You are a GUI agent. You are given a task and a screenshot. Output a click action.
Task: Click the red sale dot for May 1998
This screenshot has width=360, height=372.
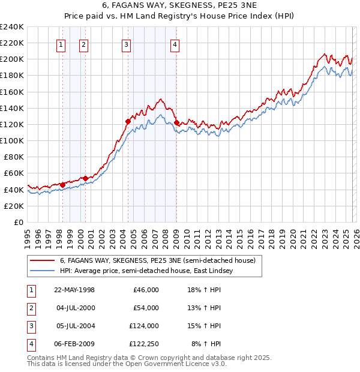coord(62,185)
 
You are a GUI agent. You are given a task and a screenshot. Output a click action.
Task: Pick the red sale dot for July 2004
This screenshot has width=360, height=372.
coord(128,121)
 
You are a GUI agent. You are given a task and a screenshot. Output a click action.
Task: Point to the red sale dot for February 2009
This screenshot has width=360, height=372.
coord(176,122)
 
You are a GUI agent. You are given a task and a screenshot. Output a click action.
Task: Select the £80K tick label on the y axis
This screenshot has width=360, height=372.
coord(13,157)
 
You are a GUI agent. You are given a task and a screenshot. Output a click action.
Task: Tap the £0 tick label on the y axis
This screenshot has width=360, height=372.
coord(18,222)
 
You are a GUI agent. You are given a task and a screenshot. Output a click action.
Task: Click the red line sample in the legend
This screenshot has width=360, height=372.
coord(43,261)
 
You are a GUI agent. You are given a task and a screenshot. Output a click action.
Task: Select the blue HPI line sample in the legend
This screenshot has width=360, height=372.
coord(43,271)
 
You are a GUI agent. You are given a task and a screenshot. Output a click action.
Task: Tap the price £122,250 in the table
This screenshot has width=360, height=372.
coord(144,344)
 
